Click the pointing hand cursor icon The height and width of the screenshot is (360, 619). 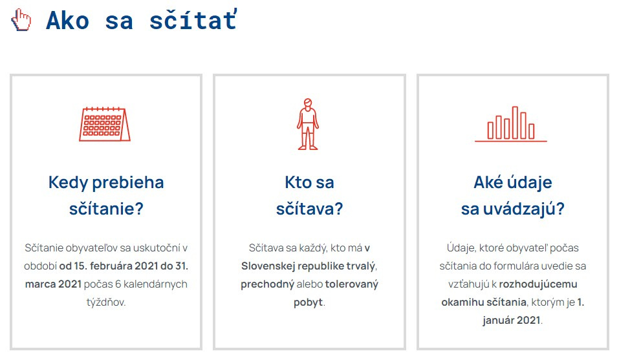point(21,20)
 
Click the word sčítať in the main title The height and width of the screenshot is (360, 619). point(193,20)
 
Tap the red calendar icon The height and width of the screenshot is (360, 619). point(105,124)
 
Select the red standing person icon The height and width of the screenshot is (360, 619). point(308,124)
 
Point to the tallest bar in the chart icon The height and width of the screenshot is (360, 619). point(515,123)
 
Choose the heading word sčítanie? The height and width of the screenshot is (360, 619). point(106,209)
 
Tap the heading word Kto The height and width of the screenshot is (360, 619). point(298,182)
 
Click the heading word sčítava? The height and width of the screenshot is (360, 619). point(309,209)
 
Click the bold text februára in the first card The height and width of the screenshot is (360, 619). point(111,266)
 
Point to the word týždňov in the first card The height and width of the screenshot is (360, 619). point(106,302)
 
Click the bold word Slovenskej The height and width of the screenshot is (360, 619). point(268,266)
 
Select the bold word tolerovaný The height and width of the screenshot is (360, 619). point(352,284)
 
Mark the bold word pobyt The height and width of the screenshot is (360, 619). point(309,302)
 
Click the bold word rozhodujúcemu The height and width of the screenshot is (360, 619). point(538,284)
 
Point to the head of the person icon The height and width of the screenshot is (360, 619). point(308,103)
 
